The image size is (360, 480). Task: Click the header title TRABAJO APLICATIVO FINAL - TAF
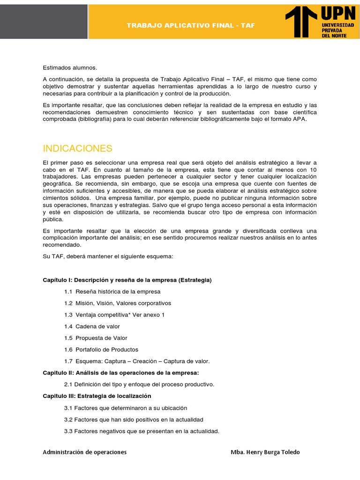[x=191, y=25]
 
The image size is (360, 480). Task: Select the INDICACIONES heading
[x=77, y=149]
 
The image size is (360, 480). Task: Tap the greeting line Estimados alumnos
[x=70, y=68]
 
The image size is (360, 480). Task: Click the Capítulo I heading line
[x=127, y=280]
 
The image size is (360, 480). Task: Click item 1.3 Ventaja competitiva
[x=114, y=315]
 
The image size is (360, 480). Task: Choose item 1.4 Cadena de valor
[x=92, y=326]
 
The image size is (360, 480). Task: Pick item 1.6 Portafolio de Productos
[x=101, y=350]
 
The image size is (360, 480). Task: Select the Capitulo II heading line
[x=121, y=373]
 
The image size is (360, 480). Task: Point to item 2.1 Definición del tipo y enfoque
[x=139, y=384]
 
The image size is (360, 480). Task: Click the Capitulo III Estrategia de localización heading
[x=97, y=396]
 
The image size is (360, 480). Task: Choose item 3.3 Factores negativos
[x=142, y=431]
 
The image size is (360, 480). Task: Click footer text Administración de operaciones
[x=84, y=452]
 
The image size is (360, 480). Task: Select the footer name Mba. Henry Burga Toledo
[x=265, y=452]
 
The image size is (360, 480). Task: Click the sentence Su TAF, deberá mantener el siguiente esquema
[x=108, y=256]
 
